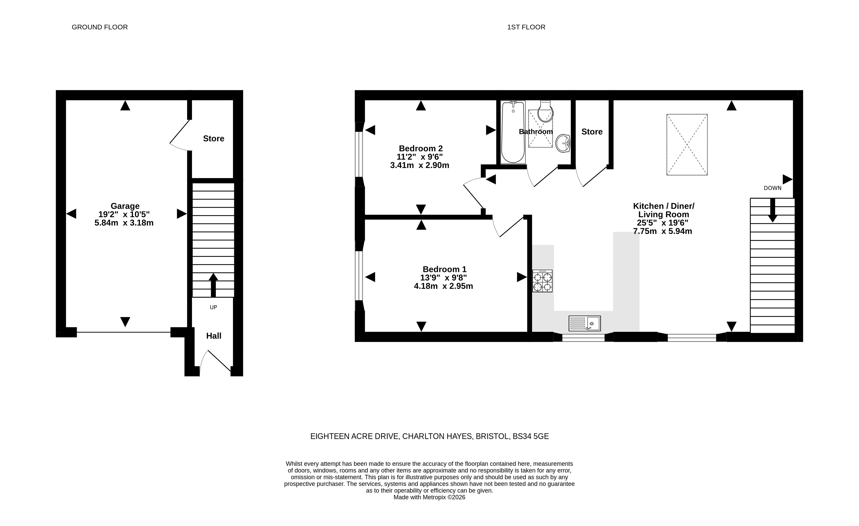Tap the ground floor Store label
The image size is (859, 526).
(213, 139)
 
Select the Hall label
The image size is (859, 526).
(214, 336)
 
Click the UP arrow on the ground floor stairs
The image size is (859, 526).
(213, 285)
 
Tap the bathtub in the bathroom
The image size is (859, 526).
(513, 132)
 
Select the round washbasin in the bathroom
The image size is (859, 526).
(563, 143)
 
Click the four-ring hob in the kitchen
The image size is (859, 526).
(543, 281)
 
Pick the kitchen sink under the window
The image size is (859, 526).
(585, 323)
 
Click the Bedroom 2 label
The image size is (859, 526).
(421, 148)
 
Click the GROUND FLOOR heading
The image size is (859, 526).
(100, 27)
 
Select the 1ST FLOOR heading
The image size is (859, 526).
(526, 27)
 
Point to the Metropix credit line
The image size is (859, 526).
(430, 497)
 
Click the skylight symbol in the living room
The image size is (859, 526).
(687, 145)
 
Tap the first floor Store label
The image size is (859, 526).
(592, 132)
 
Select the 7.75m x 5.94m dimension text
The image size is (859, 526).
(662, 231)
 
